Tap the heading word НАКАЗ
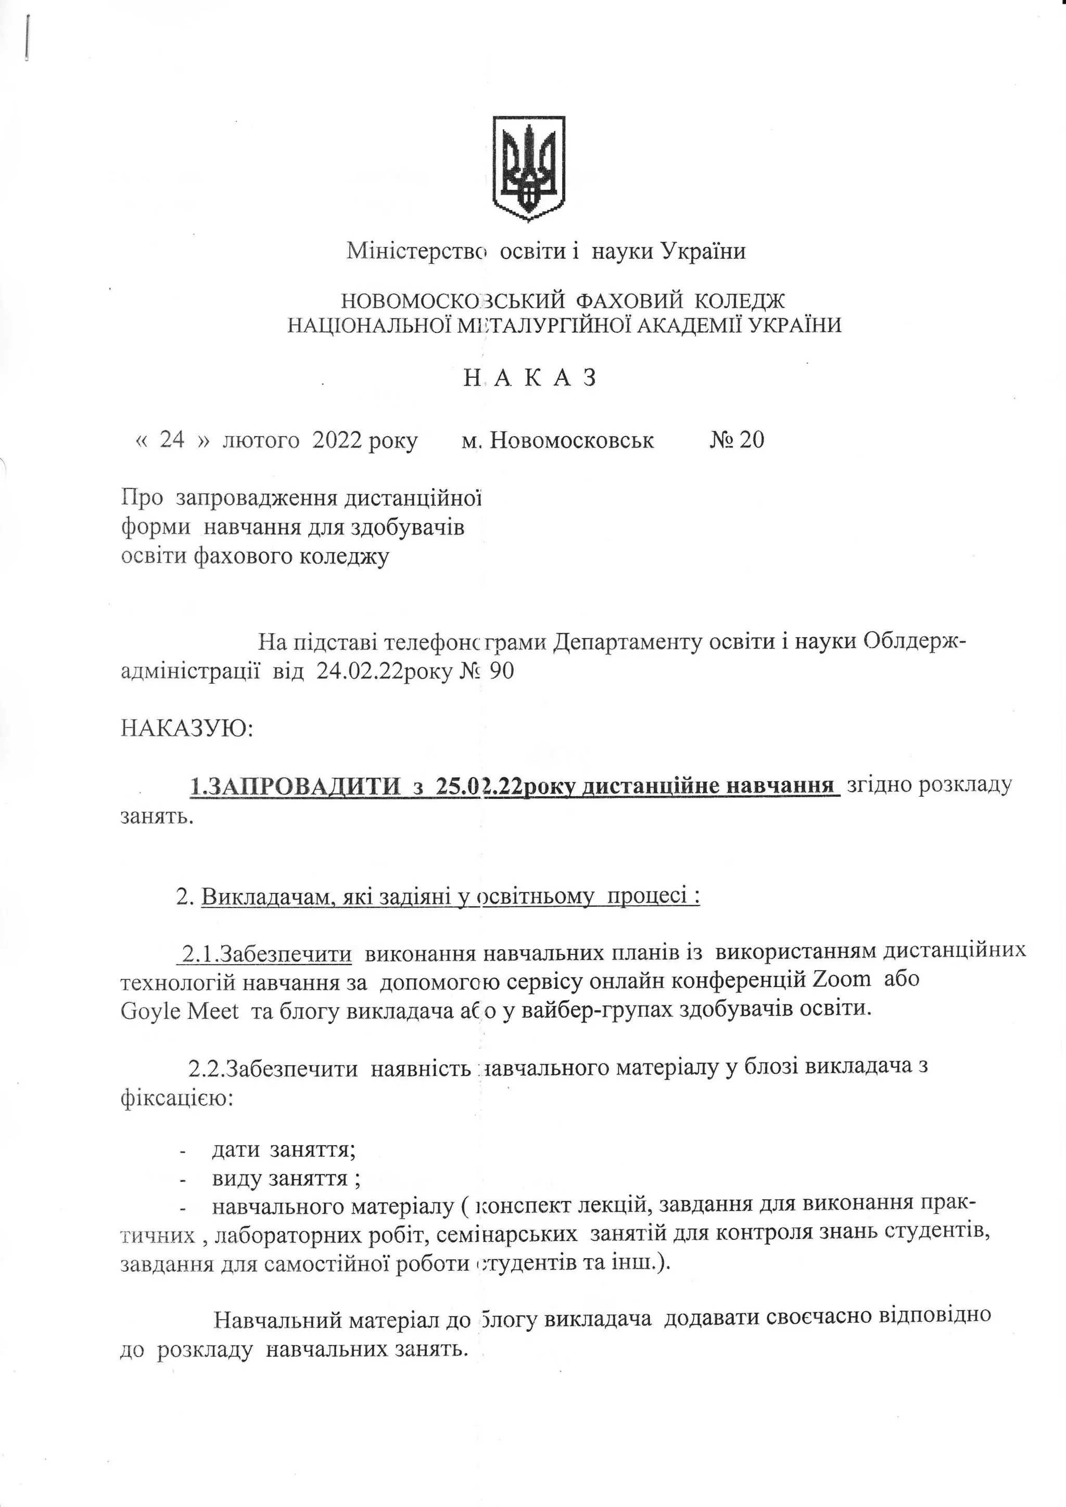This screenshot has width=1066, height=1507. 530,378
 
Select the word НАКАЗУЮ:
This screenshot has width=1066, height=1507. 187,728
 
